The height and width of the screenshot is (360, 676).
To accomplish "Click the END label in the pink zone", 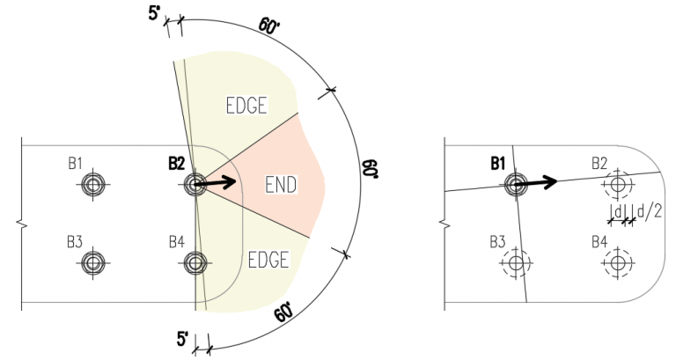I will point(281,185).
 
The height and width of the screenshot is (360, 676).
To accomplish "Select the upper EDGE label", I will point(246,105).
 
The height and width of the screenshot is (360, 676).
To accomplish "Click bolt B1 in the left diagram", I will point(93,185).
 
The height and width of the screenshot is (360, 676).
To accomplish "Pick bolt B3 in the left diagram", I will point(93,262).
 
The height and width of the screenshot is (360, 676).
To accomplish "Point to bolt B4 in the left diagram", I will point(195,262).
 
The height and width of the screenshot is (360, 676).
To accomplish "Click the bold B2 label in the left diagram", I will point(176,163).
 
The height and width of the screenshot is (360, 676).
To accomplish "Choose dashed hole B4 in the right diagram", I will point(618,262).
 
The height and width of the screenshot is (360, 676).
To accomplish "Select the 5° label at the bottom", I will point(182,338).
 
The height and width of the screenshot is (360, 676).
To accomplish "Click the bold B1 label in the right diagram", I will point(498,163).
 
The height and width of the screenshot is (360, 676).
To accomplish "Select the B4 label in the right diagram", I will point(599,241).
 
